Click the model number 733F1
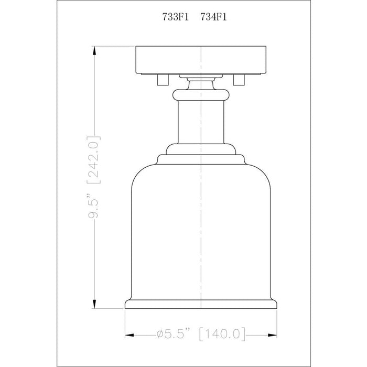tap(176, 17)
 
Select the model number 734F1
tap(214, 17)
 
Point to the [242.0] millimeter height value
tap(94, 159)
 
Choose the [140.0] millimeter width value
tap(222, 334)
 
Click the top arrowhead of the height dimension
tap(94, 50)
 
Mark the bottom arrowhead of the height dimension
tap(94, 304)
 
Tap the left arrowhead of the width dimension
tap(129, 336)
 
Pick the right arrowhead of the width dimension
tap(272, 336)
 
